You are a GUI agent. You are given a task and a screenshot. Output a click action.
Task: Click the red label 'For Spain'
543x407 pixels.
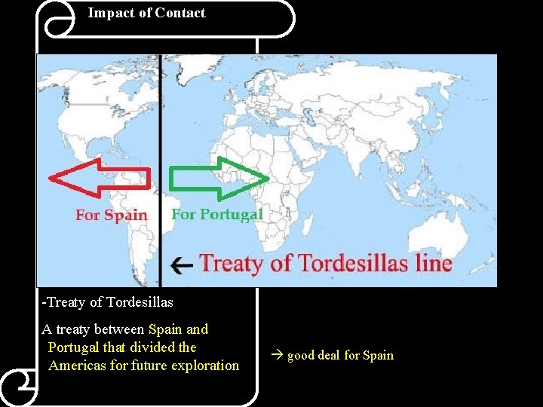pyautogui.click(x=111, y=216)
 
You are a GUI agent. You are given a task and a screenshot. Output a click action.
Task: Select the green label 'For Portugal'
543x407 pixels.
pyautogui.click(x=217, y=214)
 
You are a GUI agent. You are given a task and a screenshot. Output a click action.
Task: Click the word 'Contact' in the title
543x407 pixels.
pyautogui.click(x=180, y=13)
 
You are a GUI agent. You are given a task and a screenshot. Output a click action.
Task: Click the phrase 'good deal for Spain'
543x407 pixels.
pyautogui.click(x=340, y=355)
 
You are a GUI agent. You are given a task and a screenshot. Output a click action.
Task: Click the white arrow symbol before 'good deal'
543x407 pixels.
pyautogui.click(x=277, y=355)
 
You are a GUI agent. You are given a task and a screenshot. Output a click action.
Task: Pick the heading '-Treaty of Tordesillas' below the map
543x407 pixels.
pyautogui.click(x=108, y=302)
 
